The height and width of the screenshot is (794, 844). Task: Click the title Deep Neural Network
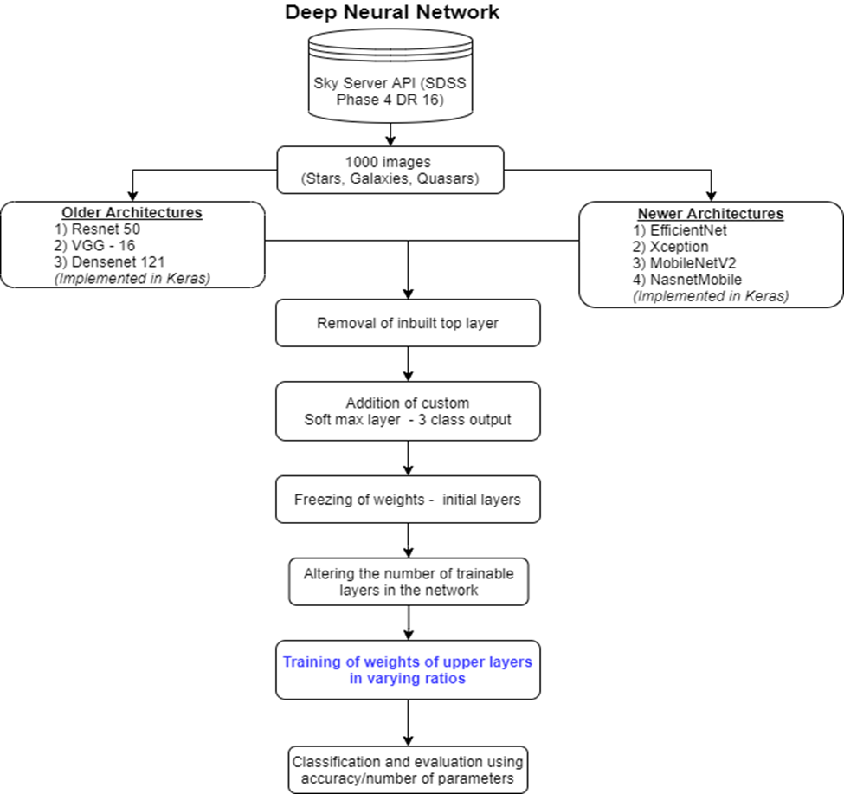coord(392,13)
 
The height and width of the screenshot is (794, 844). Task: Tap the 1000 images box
coord(390,169)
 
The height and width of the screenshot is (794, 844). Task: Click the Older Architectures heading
coord(132,213)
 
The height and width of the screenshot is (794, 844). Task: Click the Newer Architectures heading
coord(710,214)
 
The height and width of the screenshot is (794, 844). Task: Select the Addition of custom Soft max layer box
coord(408,412)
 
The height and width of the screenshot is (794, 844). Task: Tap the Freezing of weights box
coord(408,500)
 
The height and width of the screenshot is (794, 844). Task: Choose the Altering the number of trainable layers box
coord(408,582)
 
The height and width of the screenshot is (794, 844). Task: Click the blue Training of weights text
coord(408,670)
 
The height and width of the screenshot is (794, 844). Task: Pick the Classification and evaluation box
coord(408,770)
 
